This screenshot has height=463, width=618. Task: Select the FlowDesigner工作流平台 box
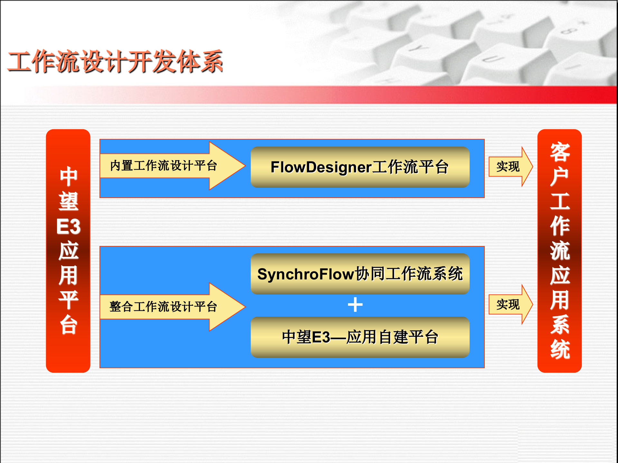tap(360, 167)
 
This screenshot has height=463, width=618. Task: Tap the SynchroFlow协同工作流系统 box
tap(360, 274)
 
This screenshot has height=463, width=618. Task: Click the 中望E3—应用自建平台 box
tap(360, 337)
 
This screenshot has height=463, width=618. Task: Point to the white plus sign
tap(355, 304)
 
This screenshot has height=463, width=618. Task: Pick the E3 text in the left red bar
tap(68, 226)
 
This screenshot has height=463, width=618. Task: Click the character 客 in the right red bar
tap(560, 152)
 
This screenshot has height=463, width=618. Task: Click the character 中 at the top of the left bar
tap(68, 177)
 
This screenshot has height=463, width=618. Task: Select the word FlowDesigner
tap(321, 167)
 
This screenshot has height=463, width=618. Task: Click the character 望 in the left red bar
tap(68, 202)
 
